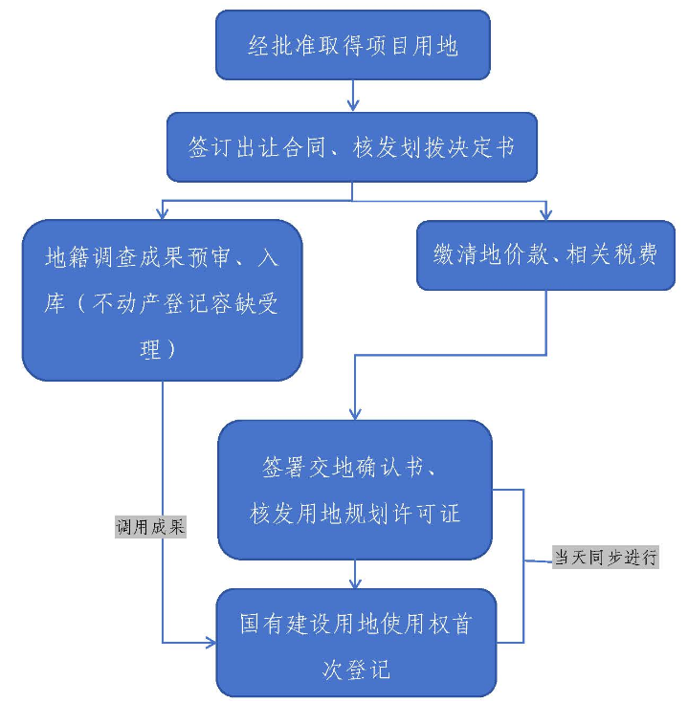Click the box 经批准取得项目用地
click(x=352, y=45)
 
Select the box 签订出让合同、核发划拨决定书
click(x=352, y=147)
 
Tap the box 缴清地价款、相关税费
click(x=545, y=254)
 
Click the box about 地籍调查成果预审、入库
click(x=162, y=299)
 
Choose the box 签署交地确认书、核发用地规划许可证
click(x=354, y=489)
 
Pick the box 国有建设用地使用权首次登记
click(x=355, y=642)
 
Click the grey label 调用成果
click(x=150, y=527)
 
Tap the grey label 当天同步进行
click(x=606, y=557)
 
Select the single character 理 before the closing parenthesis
click(x=150, y=349)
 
